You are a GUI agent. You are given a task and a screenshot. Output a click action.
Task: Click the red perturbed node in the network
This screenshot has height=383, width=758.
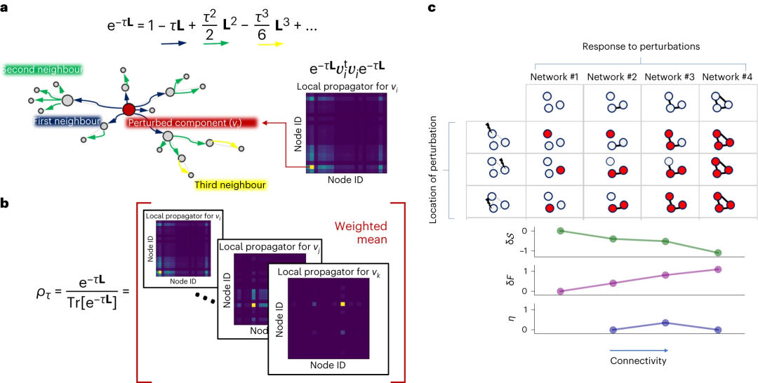click(x=128, y=109)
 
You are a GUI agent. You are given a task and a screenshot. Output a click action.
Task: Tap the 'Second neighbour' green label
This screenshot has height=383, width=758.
click(x=43, y=69)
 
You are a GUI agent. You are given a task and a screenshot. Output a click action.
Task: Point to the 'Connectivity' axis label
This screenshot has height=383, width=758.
click(x=638, y=361)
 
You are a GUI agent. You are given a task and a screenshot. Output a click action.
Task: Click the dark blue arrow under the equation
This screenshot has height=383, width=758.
click(x=173, y=43)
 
